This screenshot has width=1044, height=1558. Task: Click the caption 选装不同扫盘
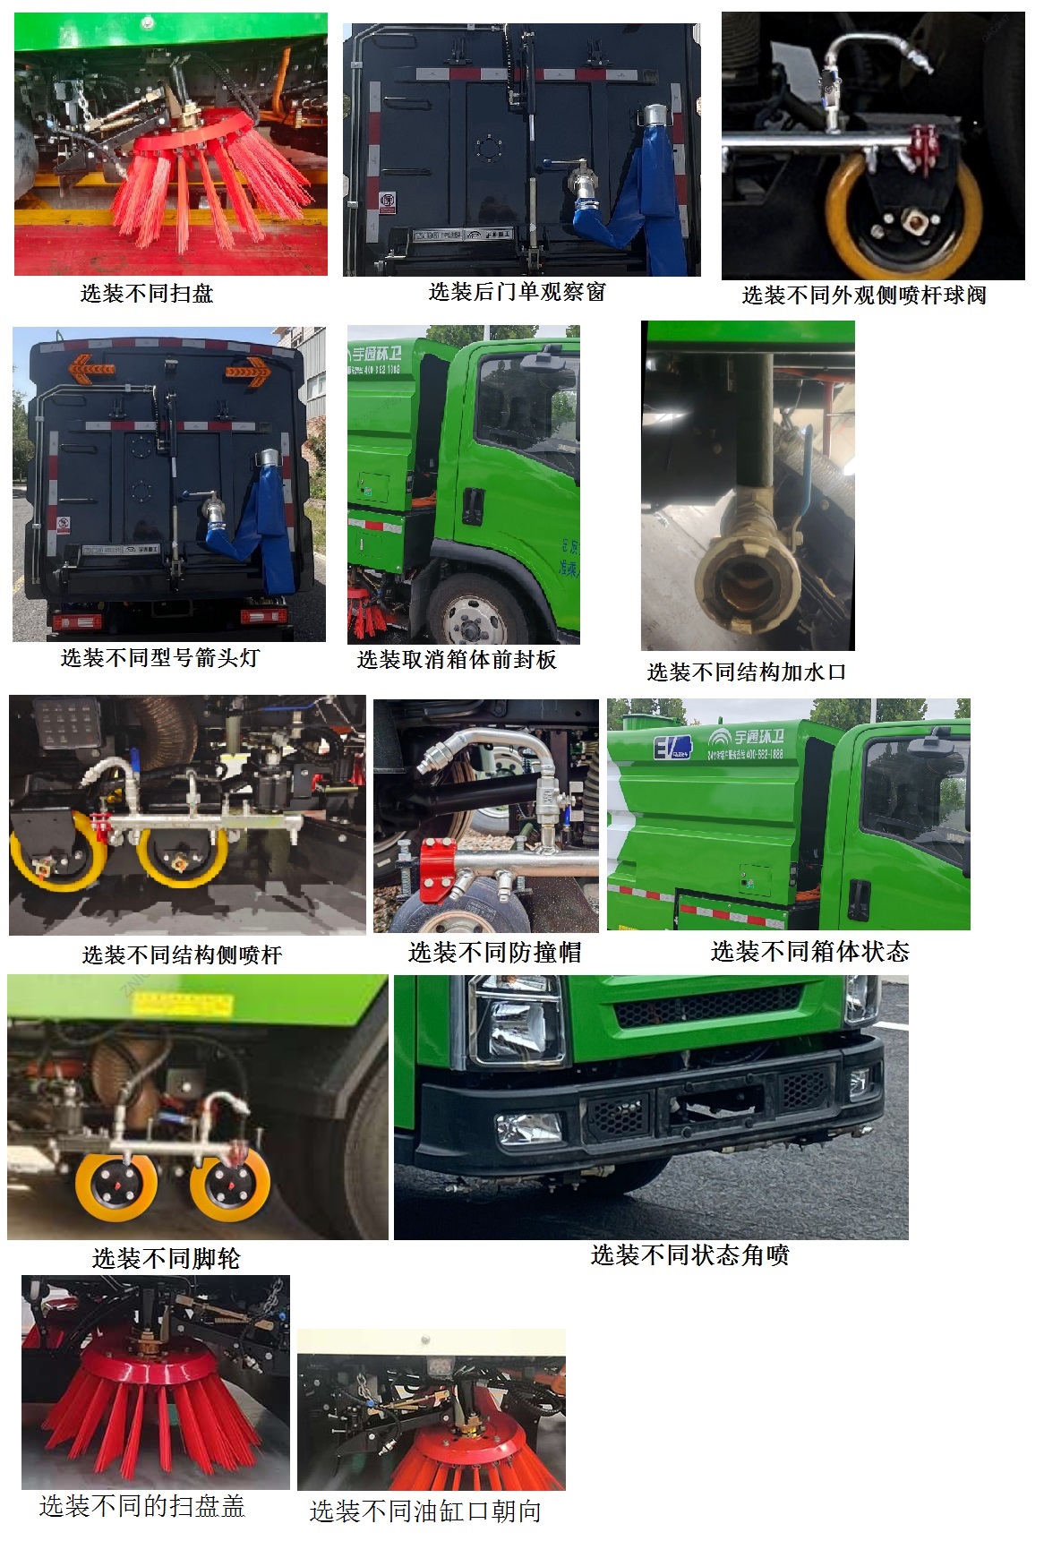point(147,294)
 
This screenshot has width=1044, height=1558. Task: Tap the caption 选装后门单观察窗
point(517,292)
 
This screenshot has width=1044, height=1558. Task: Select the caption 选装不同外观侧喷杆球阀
point(863,295)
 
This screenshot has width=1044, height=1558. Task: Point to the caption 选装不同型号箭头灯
point(160,658)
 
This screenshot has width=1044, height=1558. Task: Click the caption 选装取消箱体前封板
point(457,660)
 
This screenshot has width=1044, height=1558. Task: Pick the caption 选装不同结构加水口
point(746,672)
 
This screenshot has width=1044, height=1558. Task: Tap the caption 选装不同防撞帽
point(494,953)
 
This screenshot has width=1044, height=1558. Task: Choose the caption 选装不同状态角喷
point(689,1255)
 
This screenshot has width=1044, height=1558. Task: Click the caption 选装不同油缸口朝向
point(425,1511)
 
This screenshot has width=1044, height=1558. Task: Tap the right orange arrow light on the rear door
point(248,369)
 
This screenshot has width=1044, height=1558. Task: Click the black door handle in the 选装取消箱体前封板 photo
point(473,507)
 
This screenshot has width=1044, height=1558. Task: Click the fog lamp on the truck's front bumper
point(528,1128)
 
